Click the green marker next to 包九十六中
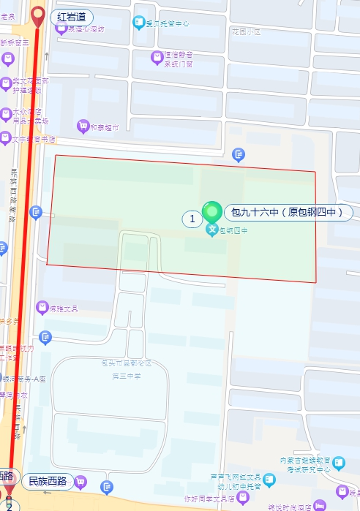[x=212, y=213]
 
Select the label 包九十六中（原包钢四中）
[x=288, y=213]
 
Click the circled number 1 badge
[x=191, y=218]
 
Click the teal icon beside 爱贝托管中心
[x=139, y=23]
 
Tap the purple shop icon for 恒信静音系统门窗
[x=156, y=56]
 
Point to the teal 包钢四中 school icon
[x=212, y=231]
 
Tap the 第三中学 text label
[x=125, y=376]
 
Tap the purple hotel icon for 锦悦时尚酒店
[x=320, y=506]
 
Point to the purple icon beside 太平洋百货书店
[x=6, y=137]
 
